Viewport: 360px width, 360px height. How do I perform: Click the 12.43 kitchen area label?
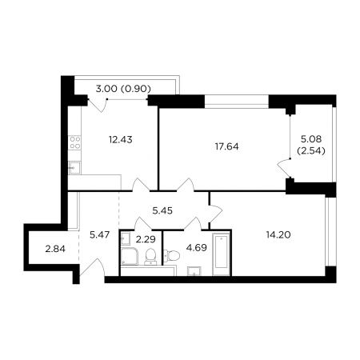coord(121,139)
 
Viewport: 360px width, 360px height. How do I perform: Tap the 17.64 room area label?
coord(227,146)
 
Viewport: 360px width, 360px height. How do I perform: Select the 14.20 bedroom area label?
coord(278,234)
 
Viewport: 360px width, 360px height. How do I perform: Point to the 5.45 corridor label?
coord(162,210)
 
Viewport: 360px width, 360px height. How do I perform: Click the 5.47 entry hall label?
coord(99,235)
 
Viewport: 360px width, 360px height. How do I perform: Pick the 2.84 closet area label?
coord(55,249)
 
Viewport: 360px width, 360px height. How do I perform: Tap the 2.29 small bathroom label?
coord(146,239)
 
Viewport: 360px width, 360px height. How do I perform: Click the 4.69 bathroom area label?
coord(197,247)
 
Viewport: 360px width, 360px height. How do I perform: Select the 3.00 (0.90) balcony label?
coord(123,89)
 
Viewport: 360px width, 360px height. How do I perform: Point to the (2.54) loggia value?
coord(311,151)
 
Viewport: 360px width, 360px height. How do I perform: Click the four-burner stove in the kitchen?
coord(74,142)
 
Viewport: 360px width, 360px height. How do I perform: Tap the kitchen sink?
coord(74,168)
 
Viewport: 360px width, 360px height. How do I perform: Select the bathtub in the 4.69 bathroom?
coord(221,254)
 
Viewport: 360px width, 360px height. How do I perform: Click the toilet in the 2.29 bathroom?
coord(151,256)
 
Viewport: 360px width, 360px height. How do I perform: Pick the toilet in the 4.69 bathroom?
coord(171,255)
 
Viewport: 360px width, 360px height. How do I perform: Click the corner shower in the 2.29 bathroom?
coord(130,256)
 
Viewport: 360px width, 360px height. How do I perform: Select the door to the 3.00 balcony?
coord(98,105)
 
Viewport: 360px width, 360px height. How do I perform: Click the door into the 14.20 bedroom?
coord(216,214)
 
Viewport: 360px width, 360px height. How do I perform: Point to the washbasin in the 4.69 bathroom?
coord(194,271)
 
